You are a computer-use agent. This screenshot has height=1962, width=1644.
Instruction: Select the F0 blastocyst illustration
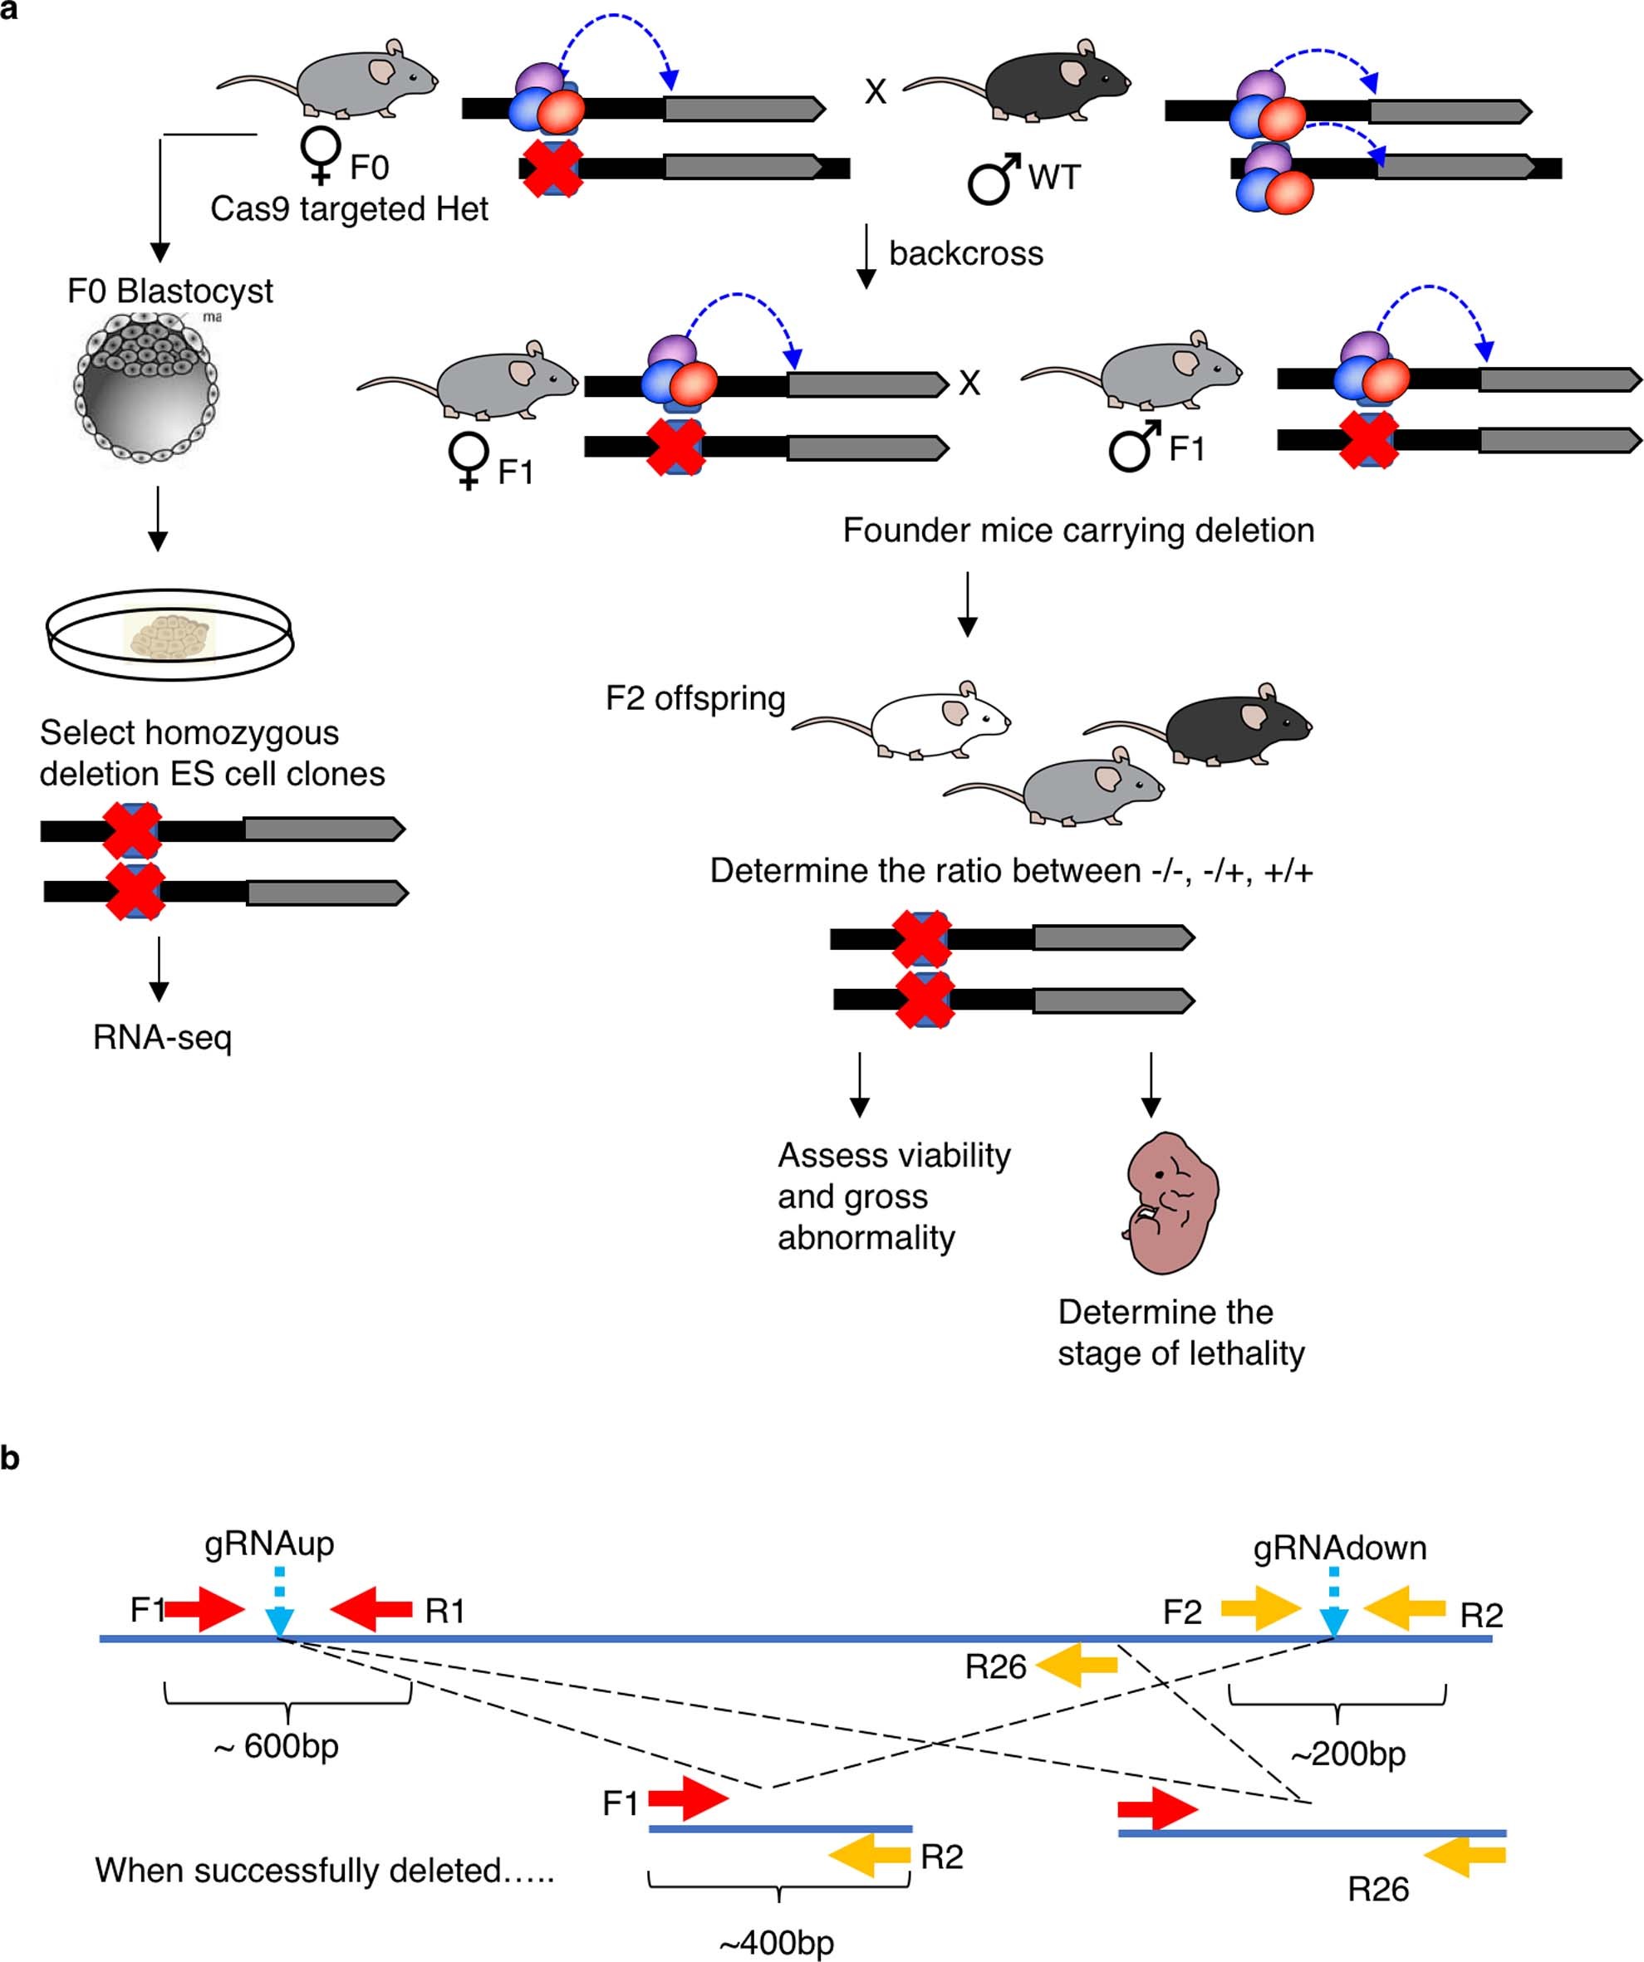(x=146, y=389)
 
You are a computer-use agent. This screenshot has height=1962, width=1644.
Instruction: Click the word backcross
(x=965, y=253)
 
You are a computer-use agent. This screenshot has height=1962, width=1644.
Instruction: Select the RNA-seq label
(x=162, y=1037)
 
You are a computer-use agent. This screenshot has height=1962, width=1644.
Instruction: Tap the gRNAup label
(x=269, y=1544)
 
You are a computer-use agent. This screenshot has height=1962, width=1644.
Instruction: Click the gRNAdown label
(x=1338, y=1549)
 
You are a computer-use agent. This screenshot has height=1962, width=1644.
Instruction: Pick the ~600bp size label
(x=277, y=1745)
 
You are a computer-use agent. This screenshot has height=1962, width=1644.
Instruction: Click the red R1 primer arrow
(x=371, y=1608)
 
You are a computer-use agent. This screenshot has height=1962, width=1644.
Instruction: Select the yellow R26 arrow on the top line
(x=1077, y=1666)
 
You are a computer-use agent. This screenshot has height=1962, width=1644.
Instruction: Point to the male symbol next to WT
(x=993, y=179)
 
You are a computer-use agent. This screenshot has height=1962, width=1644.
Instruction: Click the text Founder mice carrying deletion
(x=1077, y=530)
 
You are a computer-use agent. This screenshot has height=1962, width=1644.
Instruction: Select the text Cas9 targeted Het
(x=349, y=208)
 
